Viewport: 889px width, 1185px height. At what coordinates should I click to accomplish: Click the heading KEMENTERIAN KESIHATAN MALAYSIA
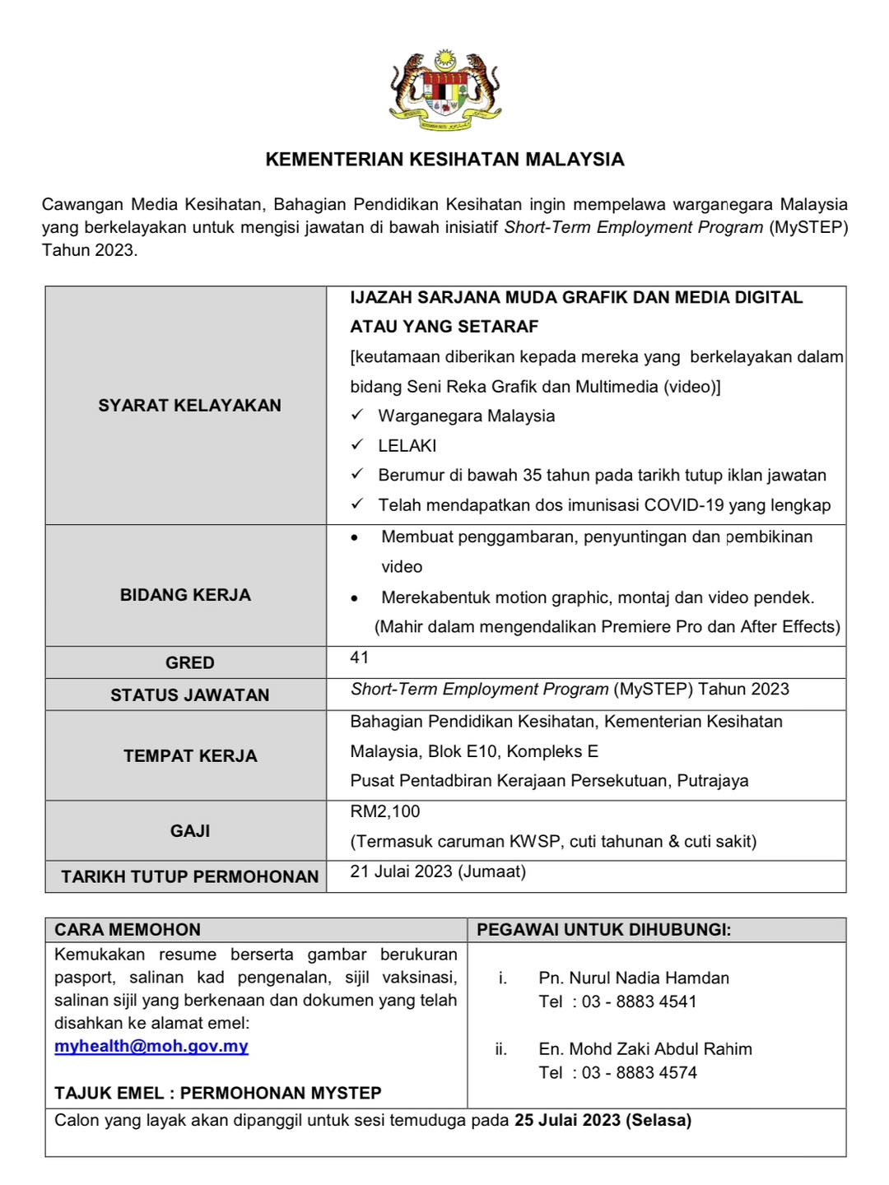tap(444, 160)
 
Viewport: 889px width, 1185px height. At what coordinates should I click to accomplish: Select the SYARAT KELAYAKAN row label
tap(189, 405)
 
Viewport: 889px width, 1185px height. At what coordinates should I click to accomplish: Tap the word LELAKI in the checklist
tap(407, 446)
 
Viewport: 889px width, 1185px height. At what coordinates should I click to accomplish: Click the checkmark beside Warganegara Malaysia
tap(357, 416)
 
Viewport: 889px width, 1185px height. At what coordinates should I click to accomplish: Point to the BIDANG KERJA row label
tap(185, 595)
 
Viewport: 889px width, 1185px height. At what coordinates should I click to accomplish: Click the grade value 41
tap(360, 658)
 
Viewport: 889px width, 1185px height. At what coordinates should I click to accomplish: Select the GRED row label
tap(189, 662)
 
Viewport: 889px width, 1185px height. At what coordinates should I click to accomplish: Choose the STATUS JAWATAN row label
tap(189, 695)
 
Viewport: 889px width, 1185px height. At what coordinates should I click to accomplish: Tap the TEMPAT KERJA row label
tap(190, 756)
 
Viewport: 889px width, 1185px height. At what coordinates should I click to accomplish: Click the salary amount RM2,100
tap(385, 811)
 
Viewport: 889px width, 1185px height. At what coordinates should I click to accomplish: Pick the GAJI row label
tap(190, 831)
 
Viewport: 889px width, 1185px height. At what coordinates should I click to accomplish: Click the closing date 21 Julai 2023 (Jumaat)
tap(438, 871)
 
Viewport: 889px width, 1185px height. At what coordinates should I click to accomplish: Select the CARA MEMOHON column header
tap(128, 930)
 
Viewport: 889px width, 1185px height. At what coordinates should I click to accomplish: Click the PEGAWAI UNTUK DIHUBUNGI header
tap(604, 930)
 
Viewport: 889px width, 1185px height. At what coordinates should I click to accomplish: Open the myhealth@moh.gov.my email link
tap(151, 1046)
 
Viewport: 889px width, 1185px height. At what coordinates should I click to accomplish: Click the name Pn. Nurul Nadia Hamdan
tap(634, 978)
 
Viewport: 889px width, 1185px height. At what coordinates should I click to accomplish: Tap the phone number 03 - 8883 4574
tap(640, 1073)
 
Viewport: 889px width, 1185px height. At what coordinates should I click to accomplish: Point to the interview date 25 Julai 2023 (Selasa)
tap(603, 1120)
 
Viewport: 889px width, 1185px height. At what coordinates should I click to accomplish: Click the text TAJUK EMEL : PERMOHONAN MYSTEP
tap(218, 1093)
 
